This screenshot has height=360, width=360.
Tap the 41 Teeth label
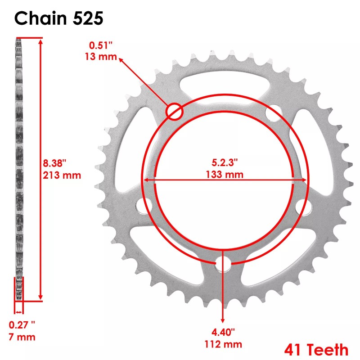(x=316, y=349)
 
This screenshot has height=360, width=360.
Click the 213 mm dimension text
(x=62, y=175)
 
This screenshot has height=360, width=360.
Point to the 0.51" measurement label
(x=101, y=45)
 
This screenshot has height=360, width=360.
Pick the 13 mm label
(x=101, y=57)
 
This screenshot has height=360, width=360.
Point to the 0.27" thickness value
(x=22, y=324)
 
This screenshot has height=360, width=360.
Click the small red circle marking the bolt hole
(x=175, y=111)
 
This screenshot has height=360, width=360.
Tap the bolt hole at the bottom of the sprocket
(x=222, y=265)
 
